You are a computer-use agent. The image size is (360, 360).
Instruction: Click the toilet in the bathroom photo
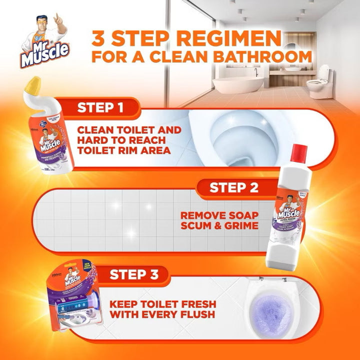click(318, 82)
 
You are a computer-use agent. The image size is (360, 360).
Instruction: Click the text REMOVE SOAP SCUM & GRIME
click(219, 220)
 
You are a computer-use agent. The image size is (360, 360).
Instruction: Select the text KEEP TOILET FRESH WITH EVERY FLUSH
click(162, 309)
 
